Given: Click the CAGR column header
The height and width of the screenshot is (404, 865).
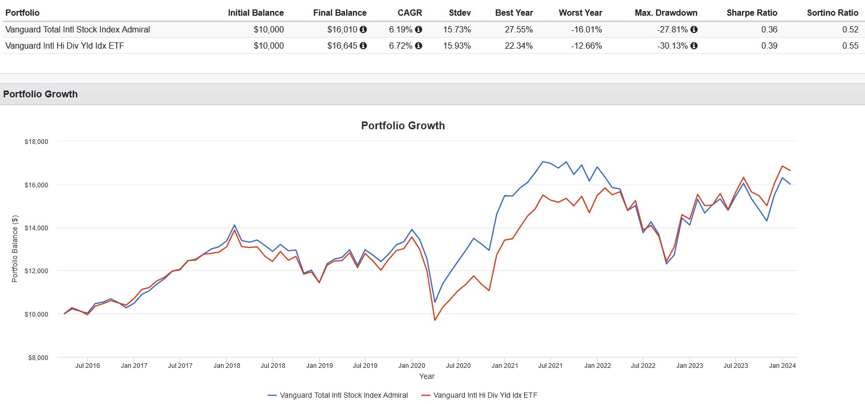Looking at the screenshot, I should (409, 13).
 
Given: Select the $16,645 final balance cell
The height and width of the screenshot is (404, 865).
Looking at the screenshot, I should (342, 46).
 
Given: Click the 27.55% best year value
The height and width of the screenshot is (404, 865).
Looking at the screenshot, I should (518, 29).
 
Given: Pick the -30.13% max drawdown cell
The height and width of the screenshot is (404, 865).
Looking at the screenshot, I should (672, 46).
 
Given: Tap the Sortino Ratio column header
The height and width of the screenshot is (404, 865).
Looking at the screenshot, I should (832, 13).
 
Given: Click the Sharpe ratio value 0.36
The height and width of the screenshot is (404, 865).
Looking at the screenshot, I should (769, 29).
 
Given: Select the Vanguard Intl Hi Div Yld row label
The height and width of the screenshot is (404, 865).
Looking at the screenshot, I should (64, 46).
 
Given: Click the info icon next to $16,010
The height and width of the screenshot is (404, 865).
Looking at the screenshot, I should (363, 29).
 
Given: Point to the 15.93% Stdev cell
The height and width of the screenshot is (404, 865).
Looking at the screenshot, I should (457, 46).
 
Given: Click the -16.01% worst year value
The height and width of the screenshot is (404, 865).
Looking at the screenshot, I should (586, 29).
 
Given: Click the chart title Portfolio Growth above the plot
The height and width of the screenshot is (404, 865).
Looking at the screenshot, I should (403, 126).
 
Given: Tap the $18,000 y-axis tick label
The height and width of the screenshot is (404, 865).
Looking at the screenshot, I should (36, 142).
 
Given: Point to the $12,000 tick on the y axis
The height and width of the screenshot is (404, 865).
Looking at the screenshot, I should (36, 271).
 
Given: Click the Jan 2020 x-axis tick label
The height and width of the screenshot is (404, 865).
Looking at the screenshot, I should (412, 366).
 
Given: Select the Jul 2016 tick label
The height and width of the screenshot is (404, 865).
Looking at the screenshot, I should (87, 366).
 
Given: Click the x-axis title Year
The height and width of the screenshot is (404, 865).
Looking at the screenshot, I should (427, 376).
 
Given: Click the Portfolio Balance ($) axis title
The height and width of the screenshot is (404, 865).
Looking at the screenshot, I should (15, 249).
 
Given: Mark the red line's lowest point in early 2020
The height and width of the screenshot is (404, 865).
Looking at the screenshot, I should (435, 320).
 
